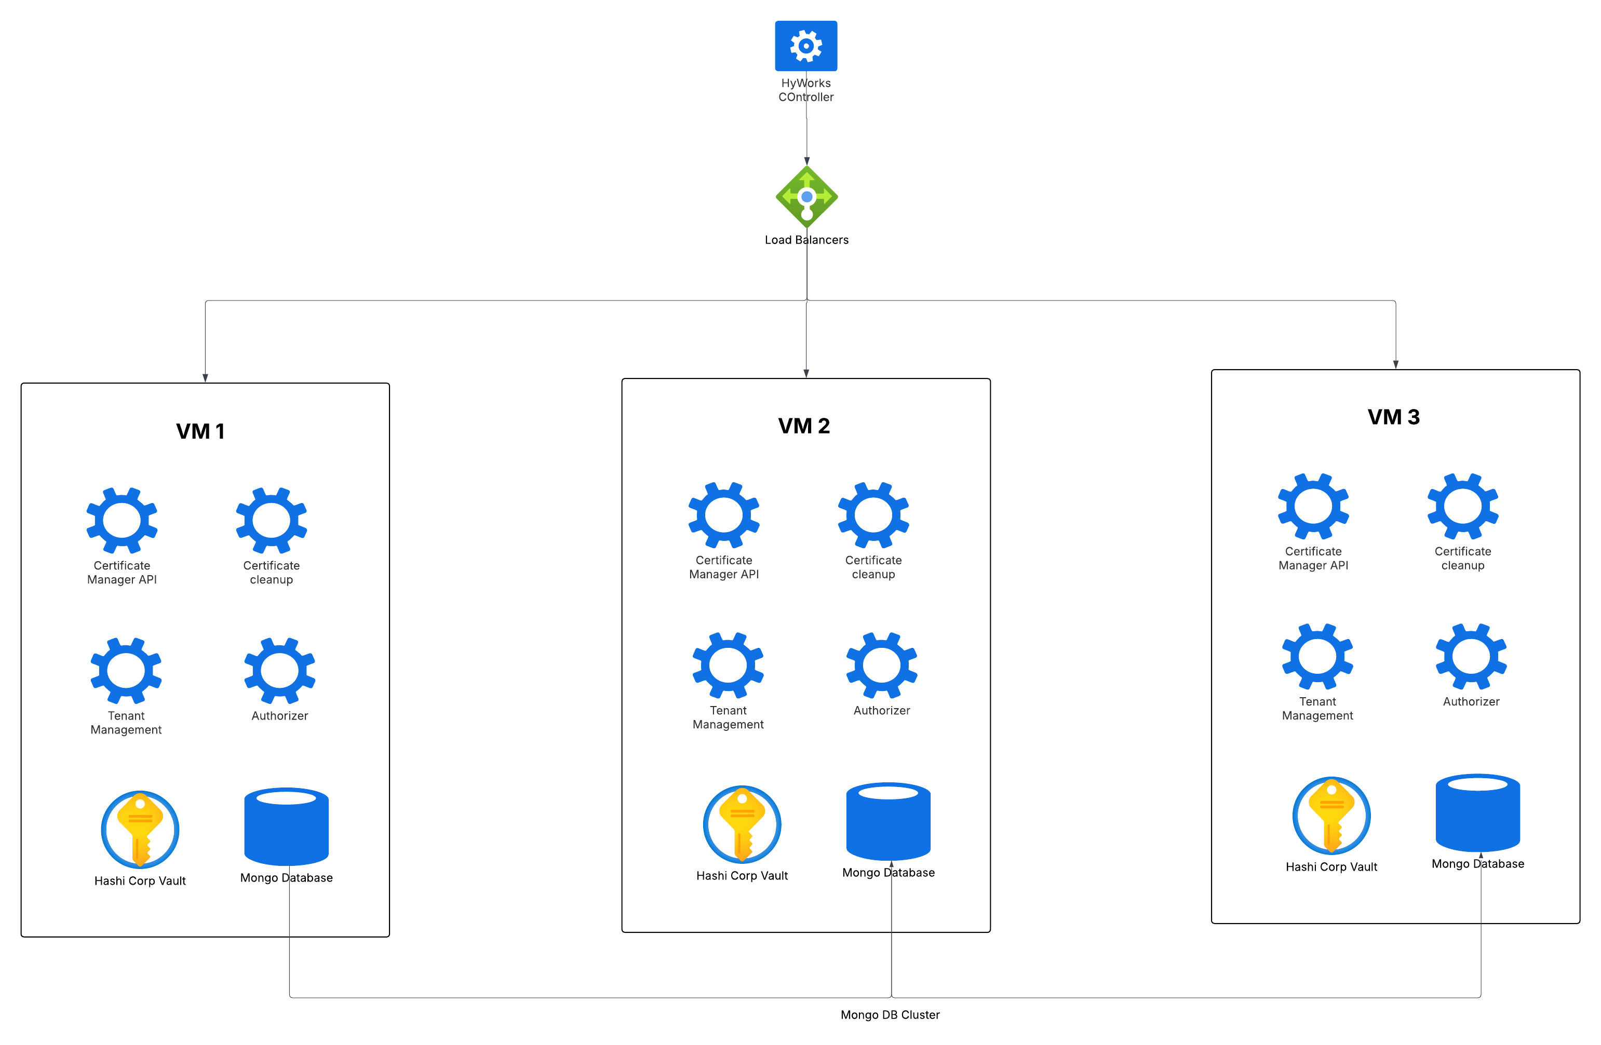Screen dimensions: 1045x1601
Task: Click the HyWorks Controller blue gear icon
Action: [806, 46]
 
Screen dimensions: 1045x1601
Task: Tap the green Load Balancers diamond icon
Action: [806, 197]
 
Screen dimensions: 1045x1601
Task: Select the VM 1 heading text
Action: [200, 431]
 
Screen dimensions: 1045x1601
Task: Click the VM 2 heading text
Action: [804, 426]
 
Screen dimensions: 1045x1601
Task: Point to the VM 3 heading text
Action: [1394, 417]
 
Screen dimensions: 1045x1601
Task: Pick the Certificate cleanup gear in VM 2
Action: [873, 515]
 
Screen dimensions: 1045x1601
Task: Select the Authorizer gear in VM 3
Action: [1471, 656]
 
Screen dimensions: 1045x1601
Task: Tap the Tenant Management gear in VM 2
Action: [728, 665]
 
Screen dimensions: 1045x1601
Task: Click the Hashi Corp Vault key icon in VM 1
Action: [140, 829]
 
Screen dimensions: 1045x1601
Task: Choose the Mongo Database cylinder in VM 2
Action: [888, 821]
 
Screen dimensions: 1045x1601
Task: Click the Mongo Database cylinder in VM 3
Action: [1478, 812]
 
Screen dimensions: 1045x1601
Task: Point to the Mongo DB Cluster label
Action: [890, 1015]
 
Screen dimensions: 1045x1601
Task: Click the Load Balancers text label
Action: [806, 240]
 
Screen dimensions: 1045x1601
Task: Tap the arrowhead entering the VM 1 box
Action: [205, 378]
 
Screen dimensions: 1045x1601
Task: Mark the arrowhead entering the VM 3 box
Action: [1396, 364]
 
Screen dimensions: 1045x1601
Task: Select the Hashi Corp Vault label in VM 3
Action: [1331, 867]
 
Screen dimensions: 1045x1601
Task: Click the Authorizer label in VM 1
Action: [280, 715]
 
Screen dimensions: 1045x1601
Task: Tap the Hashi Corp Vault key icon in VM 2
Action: [742, 824]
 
